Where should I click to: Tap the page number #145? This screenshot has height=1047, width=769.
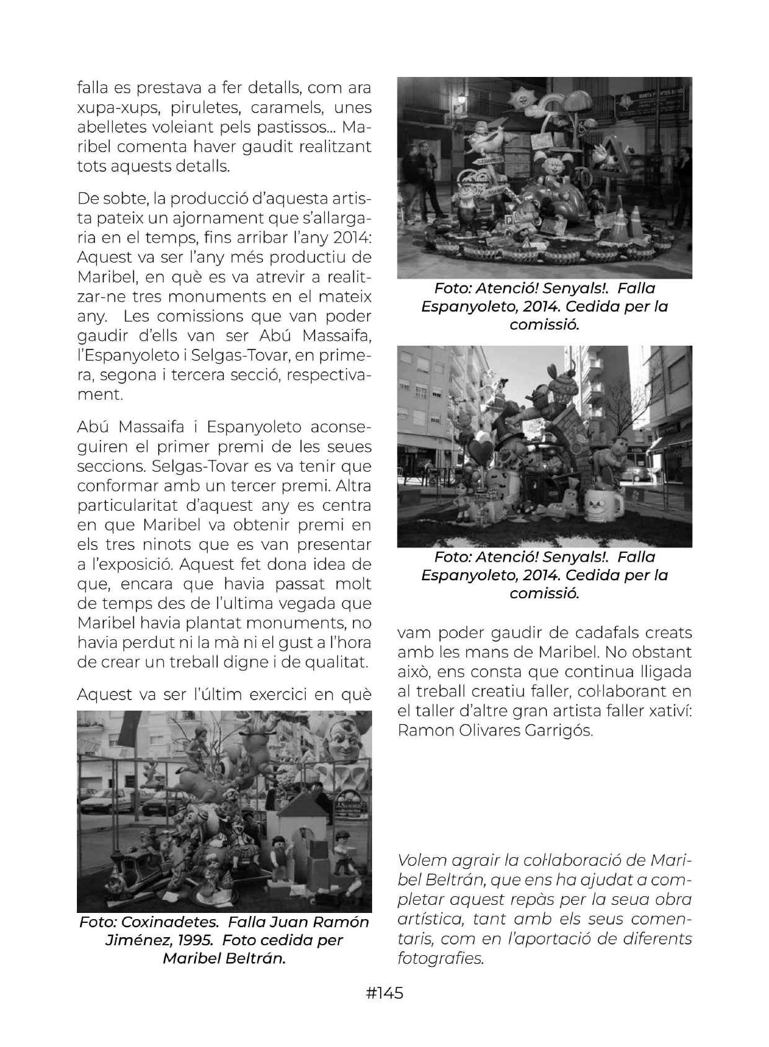[384, 994]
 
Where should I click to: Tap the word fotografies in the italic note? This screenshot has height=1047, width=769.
[440, 958]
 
